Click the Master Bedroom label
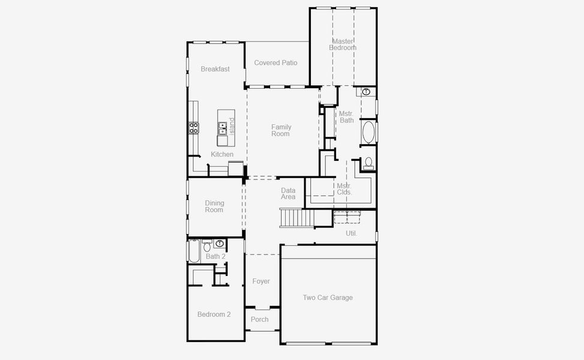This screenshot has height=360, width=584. pyautogui.click(x=343, y=44)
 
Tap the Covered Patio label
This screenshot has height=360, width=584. pyautogui.click(x=275, y=63)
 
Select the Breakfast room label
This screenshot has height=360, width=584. pyautogui.click(x=215, y=69)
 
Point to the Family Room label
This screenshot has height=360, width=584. pyautogui.click(x=281, y=130)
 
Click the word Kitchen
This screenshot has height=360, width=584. pyautogui.click(x=222, y=155)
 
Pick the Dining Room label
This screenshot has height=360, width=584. pyautogui.click(x=214, y=206)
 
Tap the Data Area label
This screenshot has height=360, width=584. pyautogui.click(x=288, y=194)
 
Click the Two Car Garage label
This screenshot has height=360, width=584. pyautogui.click(x=328, y=298)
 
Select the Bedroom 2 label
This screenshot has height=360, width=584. pyautogui.click(x=214, y=314)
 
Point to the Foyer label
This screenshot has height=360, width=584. pyautogui.click(x=261, y=281)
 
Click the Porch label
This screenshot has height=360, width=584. pyautogui.click(x=260, y=319)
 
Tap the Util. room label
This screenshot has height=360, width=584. pyautogui.click(x=351, y=233)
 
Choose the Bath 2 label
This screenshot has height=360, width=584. pyautogui.click(x=215, y=257)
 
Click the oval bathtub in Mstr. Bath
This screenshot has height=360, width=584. pyautogui.click(x=368, y=133)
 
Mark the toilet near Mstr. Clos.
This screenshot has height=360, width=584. pyautogui.click(x=368, y=163)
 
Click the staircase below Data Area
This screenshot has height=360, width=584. pyautogui.click(x=297, y=217)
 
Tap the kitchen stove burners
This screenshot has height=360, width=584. pyautogui.click(x=194, y=127)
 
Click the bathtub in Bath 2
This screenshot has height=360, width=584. pyautogui.click(x=194, y=251)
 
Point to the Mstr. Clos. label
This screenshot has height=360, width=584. pyautogui.click(x=344, y=189)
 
